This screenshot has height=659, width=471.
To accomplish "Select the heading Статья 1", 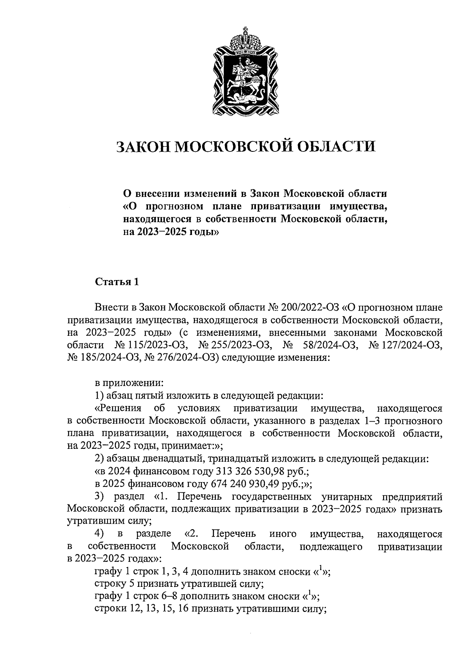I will coord(117,282).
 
